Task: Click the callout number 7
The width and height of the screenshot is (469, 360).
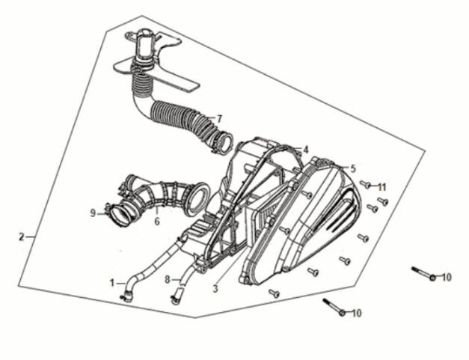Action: (219, 119)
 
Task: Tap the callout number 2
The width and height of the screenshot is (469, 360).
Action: (21, 237)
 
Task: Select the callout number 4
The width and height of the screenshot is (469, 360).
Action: (305, 150)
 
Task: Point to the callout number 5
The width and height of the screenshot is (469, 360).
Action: (353, 169)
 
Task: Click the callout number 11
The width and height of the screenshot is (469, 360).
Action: (381, 188)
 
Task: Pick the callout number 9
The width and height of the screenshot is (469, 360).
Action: (93, 213)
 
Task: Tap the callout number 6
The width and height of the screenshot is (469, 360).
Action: (157, 222)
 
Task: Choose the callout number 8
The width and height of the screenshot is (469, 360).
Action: (168, 280)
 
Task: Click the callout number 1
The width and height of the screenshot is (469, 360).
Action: (112, 283)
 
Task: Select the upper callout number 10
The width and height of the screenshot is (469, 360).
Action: (446, 278)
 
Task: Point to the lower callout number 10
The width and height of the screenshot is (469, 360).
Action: (356, 314)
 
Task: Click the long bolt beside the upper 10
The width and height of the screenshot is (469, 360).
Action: (423, 273)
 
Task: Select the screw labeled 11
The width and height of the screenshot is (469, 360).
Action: (365, 184)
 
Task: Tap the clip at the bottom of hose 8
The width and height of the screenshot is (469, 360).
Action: (177, 297)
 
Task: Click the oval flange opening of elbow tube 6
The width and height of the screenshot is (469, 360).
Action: (198, 198)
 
